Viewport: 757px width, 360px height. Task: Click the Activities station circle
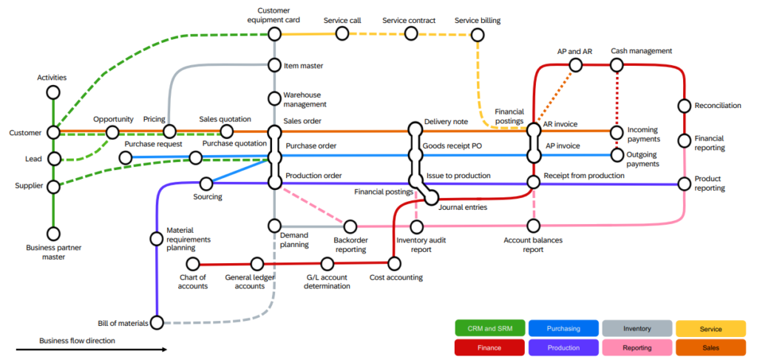point(52,92)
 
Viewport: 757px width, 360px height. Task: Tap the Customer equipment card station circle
point(274,33)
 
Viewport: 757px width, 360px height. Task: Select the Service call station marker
point(342,33)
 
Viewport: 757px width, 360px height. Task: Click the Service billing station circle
point(478,34)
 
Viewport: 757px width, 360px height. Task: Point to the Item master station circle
point(274,65)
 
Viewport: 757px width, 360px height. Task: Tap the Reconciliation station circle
point(685,106)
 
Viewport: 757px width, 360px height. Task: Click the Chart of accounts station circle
point(193,264)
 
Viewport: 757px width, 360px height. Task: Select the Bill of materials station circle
point(157,323)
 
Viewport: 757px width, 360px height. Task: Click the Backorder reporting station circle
point(350,226)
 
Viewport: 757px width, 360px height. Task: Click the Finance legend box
point(490,347)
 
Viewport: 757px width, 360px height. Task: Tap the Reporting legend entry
point(637,347)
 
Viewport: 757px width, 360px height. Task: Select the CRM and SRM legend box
point(490,328)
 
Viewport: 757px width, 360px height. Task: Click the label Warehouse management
point(303,99)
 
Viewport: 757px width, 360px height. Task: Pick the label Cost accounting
point(396,278)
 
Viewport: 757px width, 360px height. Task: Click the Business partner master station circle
point(52,234)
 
